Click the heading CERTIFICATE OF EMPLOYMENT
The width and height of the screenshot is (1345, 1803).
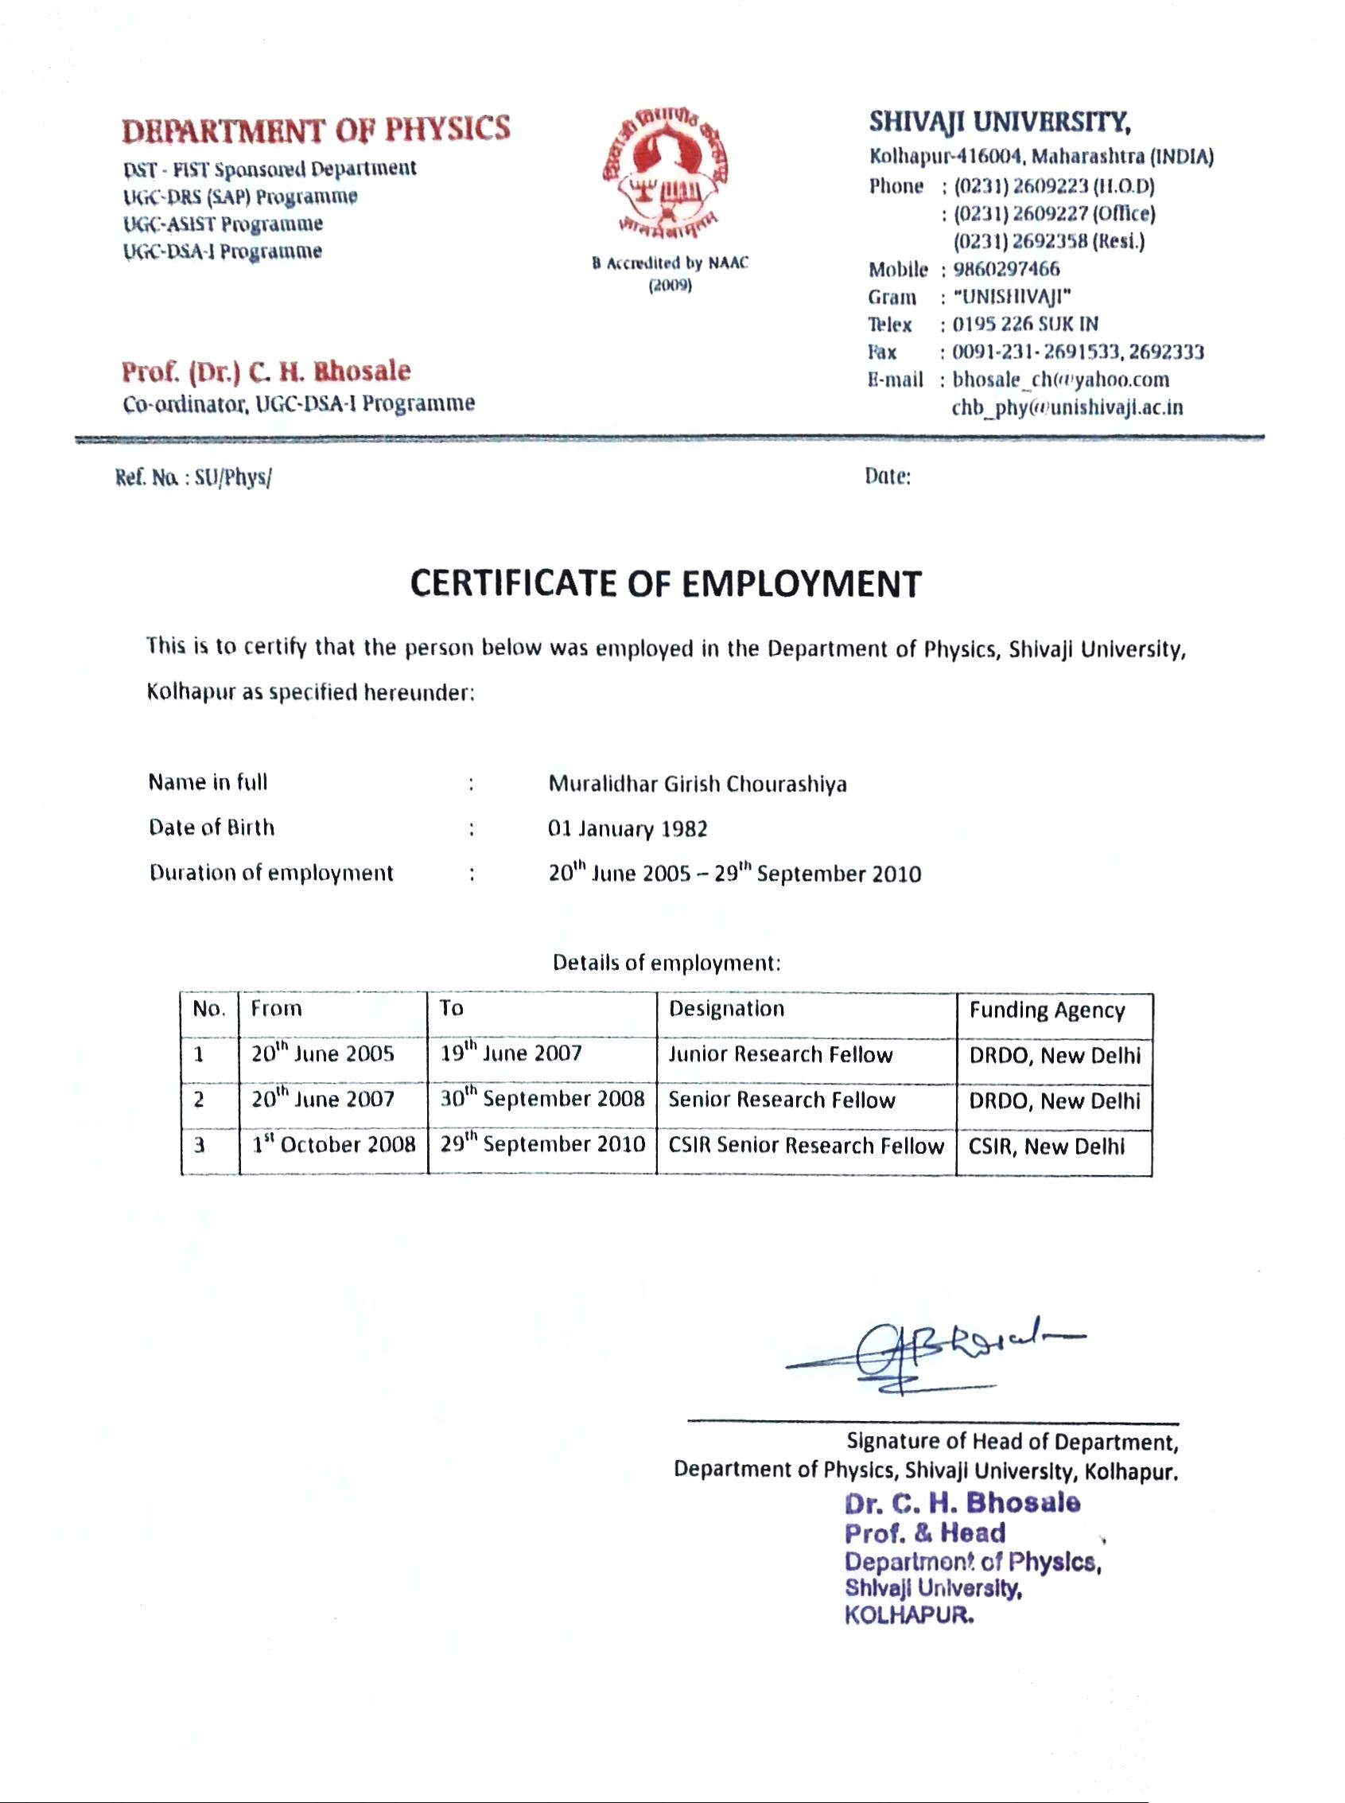665,584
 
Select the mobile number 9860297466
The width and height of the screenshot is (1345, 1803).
1006,269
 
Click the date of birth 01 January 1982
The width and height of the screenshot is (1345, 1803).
627,829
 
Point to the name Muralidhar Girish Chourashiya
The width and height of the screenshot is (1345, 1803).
697,784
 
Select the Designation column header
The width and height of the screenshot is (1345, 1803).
726,1009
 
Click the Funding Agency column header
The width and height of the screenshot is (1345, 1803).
1047,1011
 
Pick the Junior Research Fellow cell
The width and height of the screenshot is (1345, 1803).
780,1054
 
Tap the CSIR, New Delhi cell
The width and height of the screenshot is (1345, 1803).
1046,1147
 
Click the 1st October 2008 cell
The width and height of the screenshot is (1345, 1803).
333,1144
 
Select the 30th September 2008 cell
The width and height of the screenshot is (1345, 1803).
542,1099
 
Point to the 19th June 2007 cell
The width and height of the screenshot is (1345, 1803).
511,1053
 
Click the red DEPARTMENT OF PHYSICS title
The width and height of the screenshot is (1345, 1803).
316,130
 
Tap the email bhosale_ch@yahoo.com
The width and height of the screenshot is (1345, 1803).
1060,380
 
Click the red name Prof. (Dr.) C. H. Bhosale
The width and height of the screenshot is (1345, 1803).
266,372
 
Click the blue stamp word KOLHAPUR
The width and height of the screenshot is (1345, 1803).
908,1615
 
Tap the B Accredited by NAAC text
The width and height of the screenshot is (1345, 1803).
669,263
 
